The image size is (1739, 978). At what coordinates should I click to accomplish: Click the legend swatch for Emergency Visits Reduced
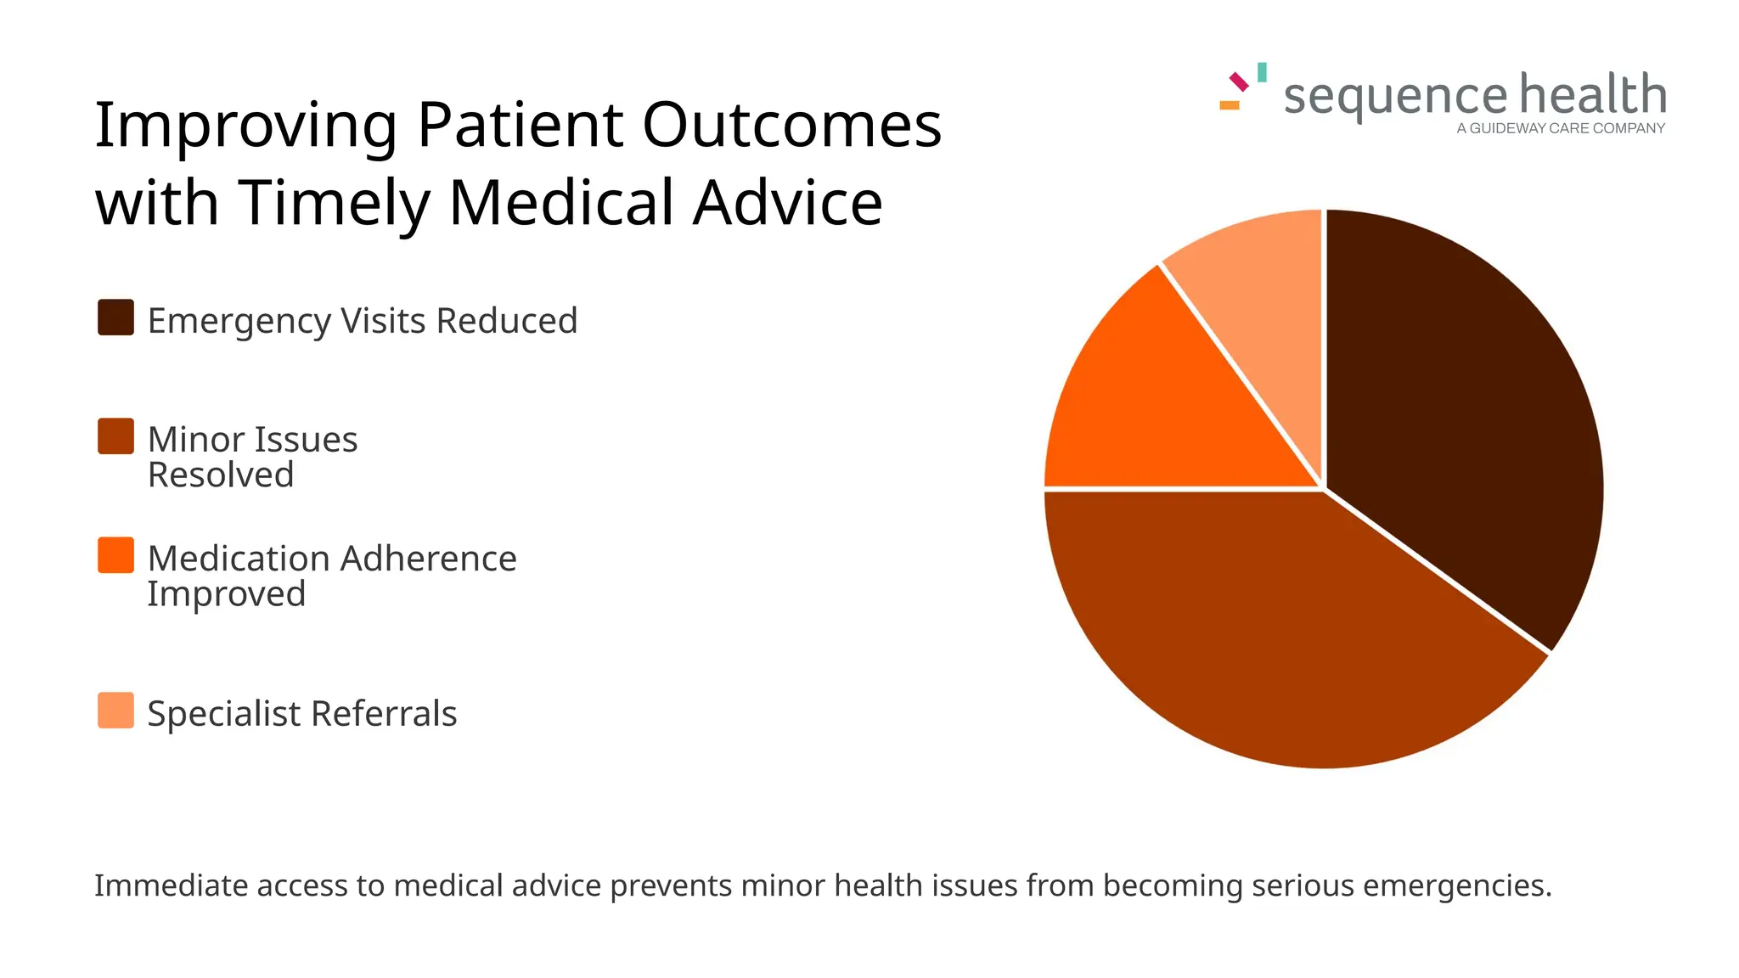(x=115, y=318)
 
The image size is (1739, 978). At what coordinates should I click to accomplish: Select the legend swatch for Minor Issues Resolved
(x=115, y=436)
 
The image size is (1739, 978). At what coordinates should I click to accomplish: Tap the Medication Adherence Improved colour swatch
(x=115, y=555)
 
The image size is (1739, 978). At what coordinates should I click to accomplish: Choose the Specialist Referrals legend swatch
(x=115, y=711)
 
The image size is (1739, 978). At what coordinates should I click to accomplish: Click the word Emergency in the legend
(x=239, y=321)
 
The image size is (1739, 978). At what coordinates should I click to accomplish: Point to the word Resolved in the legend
(x=221, y=475)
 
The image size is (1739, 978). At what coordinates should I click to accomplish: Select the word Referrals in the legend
(x=384, y=714)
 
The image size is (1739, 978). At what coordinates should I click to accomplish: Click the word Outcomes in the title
(x=791, y=125)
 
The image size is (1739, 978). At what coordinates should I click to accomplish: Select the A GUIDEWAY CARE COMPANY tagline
(x=1561, y=129)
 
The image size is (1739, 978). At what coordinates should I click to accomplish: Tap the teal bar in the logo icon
(x=1263, y=72)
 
